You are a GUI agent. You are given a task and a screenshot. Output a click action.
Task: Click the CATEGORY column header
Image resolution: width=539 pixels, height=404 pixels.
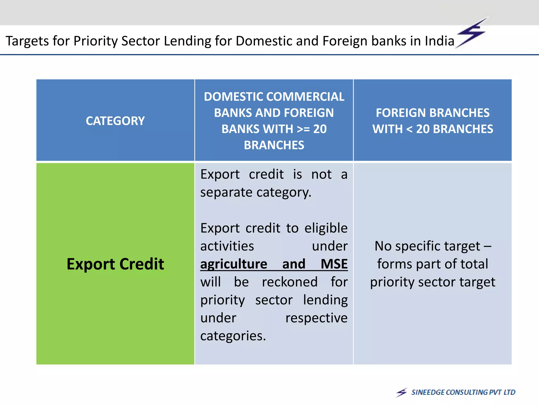115,121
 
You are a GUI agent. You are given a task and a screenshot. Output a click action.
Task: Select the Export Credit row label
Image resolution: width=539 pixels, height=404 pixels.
115,264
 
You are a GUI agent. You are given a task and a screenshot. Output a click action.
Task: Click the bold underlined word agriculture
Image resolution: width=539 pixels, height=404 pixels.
234,264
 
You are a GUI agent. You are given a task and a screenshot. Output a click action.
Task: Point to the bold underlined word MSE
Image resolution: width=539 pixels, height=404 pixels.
334,264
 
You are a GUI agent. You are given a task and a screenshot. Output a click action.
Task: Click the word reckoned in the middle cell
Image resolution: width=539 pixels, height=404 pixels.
290,282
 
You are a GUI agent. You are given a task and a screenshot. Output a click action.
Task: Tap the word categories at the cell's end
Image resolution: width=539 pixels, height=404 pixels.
233,336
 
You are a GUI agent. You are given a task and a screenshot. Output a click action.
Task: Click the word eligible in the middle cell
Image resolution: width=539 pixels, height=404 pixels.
326,228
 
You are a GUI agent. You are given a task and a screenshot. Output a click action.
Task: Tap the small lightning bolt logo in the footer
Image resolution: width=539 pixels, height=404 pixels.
402,392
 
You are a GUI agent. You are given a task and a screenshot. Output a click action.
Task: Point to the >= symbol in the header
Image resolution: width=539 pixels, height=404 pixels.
303,129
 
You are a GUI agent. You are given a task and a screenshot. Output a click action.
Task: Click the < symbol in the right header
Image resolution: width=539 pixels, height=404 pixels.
409,129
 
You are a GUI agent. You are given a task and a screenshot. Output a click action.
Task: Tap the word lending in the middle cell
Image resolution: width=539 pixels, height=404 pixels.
325,300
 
